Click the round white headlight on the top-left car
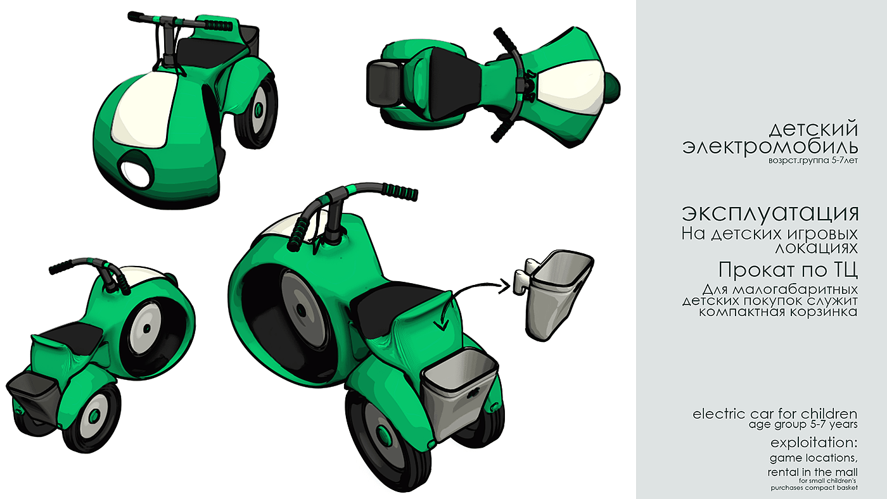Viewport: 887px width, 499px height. pyautogui.click(x=136, y=174)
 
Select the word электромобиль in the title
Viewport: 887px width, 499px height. pyautogui.click(x=770, y=146)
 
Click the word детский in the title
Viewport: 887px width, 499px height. pyautogui.click(x=814, y=129)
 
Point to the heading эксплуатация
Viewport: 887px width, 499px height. pyautogui.click(x=770, y=213)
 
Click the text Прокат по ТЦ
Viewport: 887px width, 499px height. pyautogui.click(x=788, y=270)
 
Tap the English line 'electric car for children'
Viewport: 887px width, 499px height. pyautogui.click(x=774, y=414)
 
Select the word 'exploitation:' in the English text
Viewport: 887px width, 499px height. pyautogui.click(x=814, y=443)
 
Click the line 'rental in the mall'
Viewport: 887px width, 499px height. pyautogui.click(x=812, y=472)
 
